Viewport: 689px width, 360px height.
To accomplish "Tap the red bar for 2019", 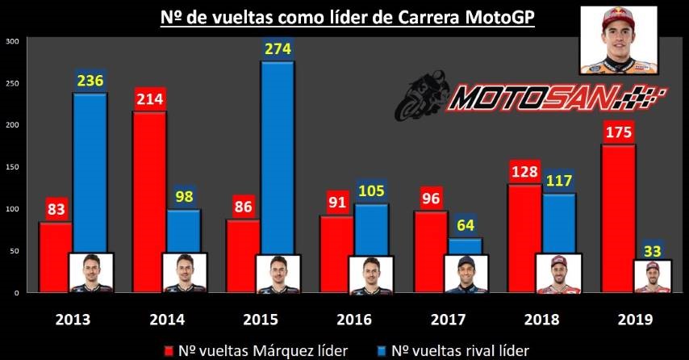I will (618, 218).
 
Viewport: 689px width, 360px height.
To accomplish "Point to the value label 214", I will (149, 99).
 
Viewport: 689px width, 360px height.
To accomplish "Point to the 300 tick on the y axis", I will (11, 40).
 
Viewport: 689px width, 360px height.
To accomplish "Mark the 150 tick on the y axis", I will (11, 166).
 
